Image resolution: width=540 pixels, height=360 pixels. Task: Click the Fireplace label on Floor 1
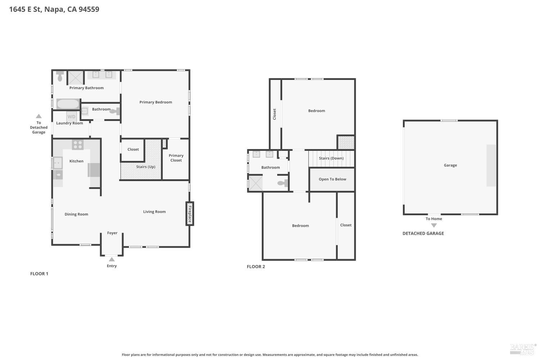[x=190, y=214]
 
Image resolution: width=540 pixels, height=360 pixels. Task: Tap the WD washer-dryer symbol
[x=71, y=117]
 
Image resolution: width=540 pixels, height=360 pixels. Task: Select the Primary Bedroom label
[x=156, y=102]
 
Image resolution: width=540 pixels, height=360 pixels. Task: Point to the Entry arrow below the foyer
[x=112, y=259]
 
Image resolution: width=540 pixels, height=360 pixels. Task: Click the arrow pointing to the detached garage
[x=39, y=116]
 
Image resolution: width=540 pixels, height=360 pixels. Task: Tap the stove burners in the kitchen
[x=78, y=145]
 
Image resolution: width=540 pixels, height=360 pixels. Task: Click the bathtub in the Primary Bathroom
[x=68, y=104]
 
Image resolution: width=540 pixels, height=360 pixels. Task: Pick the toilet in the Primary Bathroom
[x=60, y=76]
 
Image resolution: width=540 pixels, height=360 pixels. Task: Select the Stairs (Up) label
[x=145, y=167]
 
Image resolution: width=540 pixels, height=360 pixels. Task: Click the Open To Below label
[x=332, y=179]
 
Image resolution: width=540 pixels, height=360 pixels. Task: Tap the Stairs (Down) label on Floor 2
[x=331, y=158]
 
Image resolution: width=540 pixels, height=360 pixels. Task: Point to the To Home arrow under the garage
[x=434, y=225]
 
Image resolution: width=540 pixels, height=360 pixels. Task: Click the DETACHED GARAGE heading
[x=423, y=233]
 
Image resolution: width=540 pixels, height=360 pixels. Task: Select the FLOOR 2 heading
[x=256, y=266]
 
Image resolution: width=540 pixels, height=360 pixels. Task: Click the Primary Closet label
[x=176, y=158]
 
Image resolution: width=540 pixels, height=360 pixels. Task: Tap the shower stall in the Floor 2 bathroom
[x=256, y=183]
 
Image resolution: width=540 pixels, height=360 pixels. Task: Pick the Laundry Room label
[x=69, y=123]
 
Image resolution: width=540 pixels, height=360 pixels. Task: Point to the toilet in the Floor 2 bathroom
[x=283, y=183]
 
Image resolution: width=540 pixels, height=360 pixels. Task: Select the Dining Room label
[x=76, y=214]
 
